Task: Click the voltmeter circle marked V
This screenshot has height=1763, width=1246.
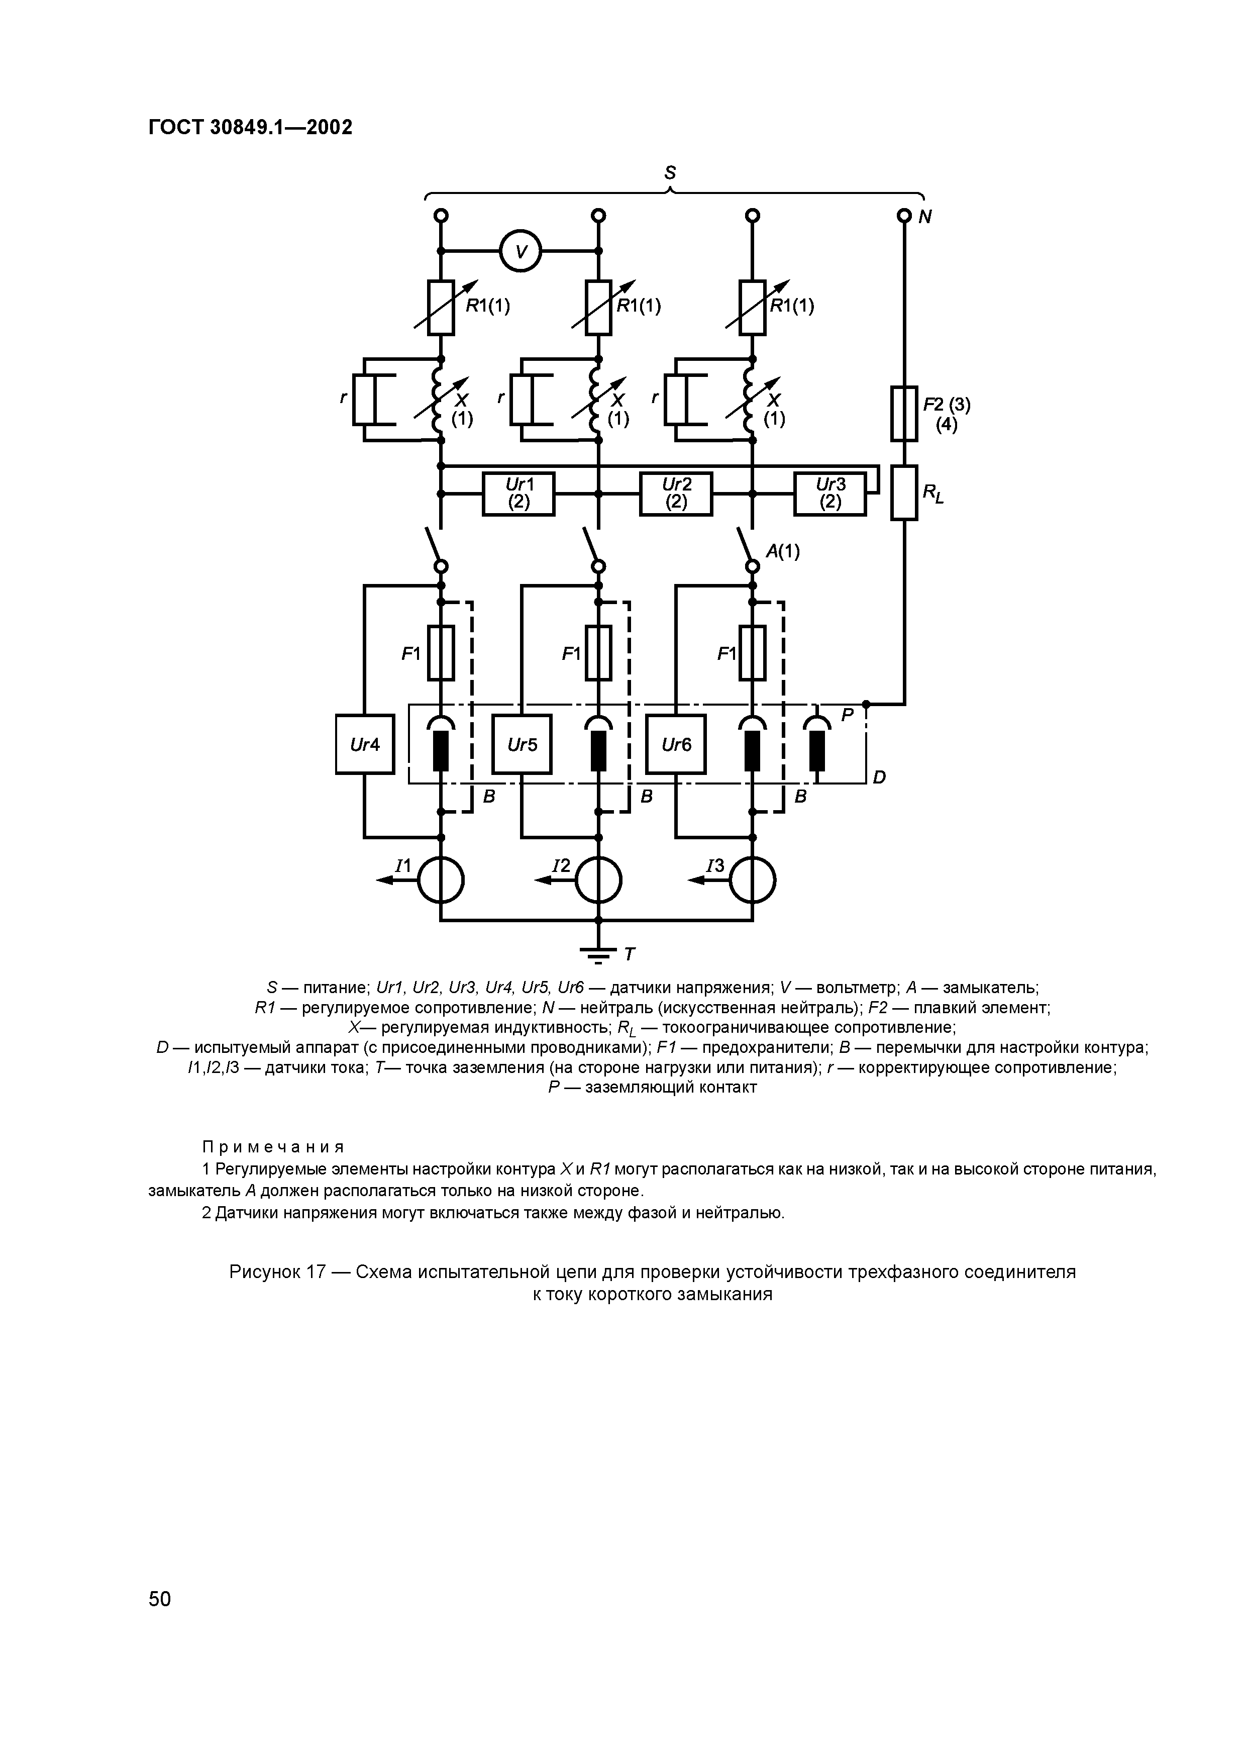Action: tap(521, 251)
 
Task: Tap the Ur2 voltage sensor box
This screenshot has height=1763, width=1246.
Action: tap(676, 494)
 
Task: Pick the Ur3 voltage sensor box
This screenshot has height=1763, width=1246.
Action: tap(830, 494)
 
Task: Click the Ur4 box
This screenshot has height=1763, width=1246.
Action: tap(365, 744)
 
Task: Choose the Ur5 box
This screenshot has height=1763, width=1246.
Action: tap(522, 744)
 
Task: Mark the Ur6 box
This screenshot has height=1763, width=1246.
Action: tap(676, 744)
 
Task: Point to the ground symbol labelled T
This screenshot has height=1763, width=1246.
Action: tap(599, 954)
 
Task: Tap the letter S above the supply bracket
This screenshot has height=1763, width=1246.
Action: tap(670, 173)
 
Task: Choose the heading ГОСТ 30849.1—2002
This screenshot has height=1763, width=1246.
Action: tap(250, 128)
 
